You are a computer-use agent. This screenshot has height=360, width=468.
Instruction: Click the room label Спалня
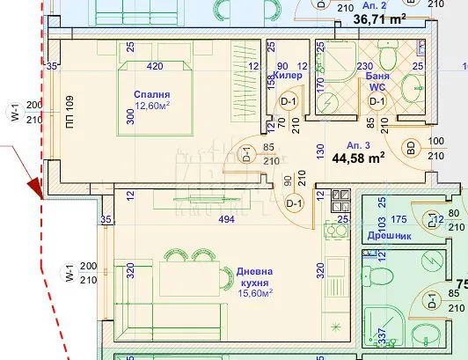point(152,94)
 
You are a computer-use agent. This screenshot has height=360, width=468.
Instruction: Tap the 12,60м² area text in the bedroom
point(151,107)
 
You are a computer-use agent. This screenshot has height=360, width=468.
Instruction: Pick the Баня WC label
point(377,83)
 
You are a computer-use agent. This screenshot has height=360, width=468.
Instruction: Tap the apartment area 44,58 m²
point(358,158)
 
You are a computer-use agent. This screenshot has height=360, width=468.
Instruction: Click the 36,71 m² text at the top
point(381,18)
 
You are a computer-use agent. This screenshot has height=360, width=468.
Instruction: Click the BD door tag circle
point(410,147)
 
